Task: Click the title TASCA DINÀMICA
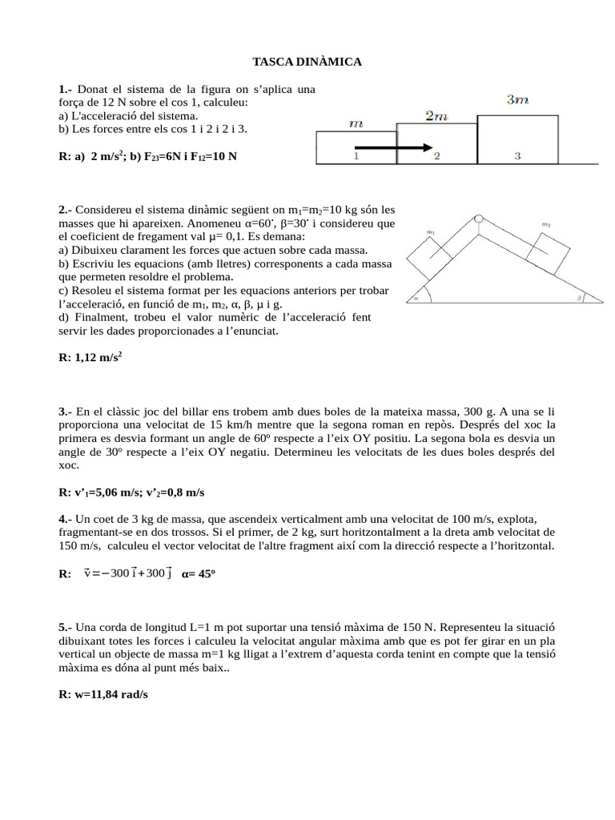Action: pos(307,62)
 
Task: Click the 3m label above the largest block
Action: pos(518,100)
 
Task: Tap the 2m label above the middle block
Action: pos(436,116)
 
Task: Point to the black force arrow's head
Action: pos(428,147)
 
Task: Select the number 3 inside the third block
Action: pos(518,156)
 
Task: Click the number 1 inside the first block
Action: pos(356,156)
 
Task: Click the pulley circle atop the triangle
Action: pos(478,218)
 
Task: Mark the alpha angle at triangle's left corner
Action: pos(417,298)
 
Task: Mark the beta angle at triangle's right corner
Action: pos(579,298)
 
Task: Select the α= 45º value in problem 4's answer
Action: pos(199,573)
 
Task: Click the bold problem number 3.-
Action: pos(65,412)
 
